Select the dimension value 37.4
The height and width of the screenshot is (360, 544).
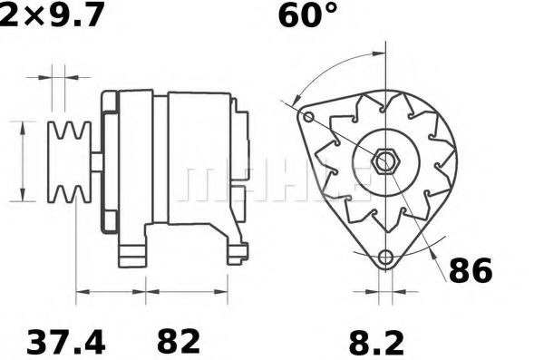tap(65, 342)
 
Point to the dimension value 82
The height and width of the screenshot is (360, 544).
tap(179, 342)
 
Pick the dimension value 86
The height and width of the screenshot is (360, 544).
tap(469, 269)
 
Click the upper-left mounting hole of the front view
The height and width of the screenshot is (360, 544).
tap(308, 118)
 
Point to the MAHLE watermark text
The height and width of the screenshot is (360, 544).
tap(272, 181)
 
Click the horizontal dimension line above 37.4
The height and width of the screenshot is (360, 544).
tap(111, 292)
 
